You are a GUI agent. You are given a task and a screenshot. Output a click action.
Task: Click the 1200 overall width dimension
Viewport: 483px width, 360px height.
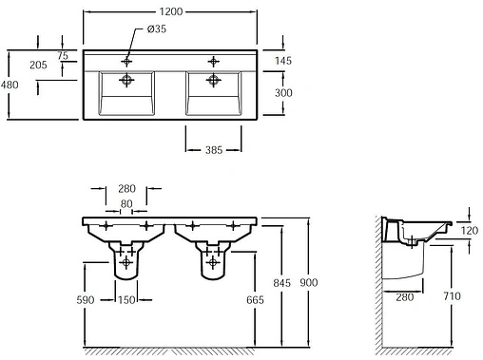pos(171,11)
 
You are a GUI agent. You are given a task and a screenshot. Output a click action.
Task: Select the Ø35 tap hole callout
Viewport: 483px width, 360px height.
pos(157,29)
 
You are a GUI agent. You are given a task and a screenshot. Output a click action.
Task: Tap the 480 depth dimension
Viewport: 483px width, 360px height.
pos(10,85)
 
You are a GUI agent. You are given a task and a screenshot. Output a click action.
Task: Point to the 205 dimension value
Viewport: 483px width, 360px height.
pos(38,66)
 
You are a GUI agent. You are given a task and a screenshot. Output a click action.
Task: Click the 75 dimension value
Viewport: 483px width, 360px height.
pos(63,56)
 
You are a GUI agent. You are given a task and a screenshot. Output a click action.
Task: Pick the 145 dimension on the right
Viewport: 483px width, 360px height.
pos(283,61)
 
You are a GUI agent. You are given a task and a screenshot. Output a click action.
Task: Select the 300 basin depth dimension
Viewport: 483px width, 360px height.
pos(283,93)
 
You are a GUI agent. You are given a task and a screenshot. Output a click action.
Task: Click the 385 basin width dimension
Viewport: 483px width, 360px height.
pos(214,150)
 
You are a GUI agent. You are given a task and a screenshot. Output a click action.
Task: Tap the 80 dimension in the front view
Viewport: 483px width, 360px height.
pos(126,204)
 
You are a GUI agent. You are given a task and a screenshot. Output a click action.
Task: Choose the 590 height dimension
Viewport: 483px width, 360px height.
pos(86,300)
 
